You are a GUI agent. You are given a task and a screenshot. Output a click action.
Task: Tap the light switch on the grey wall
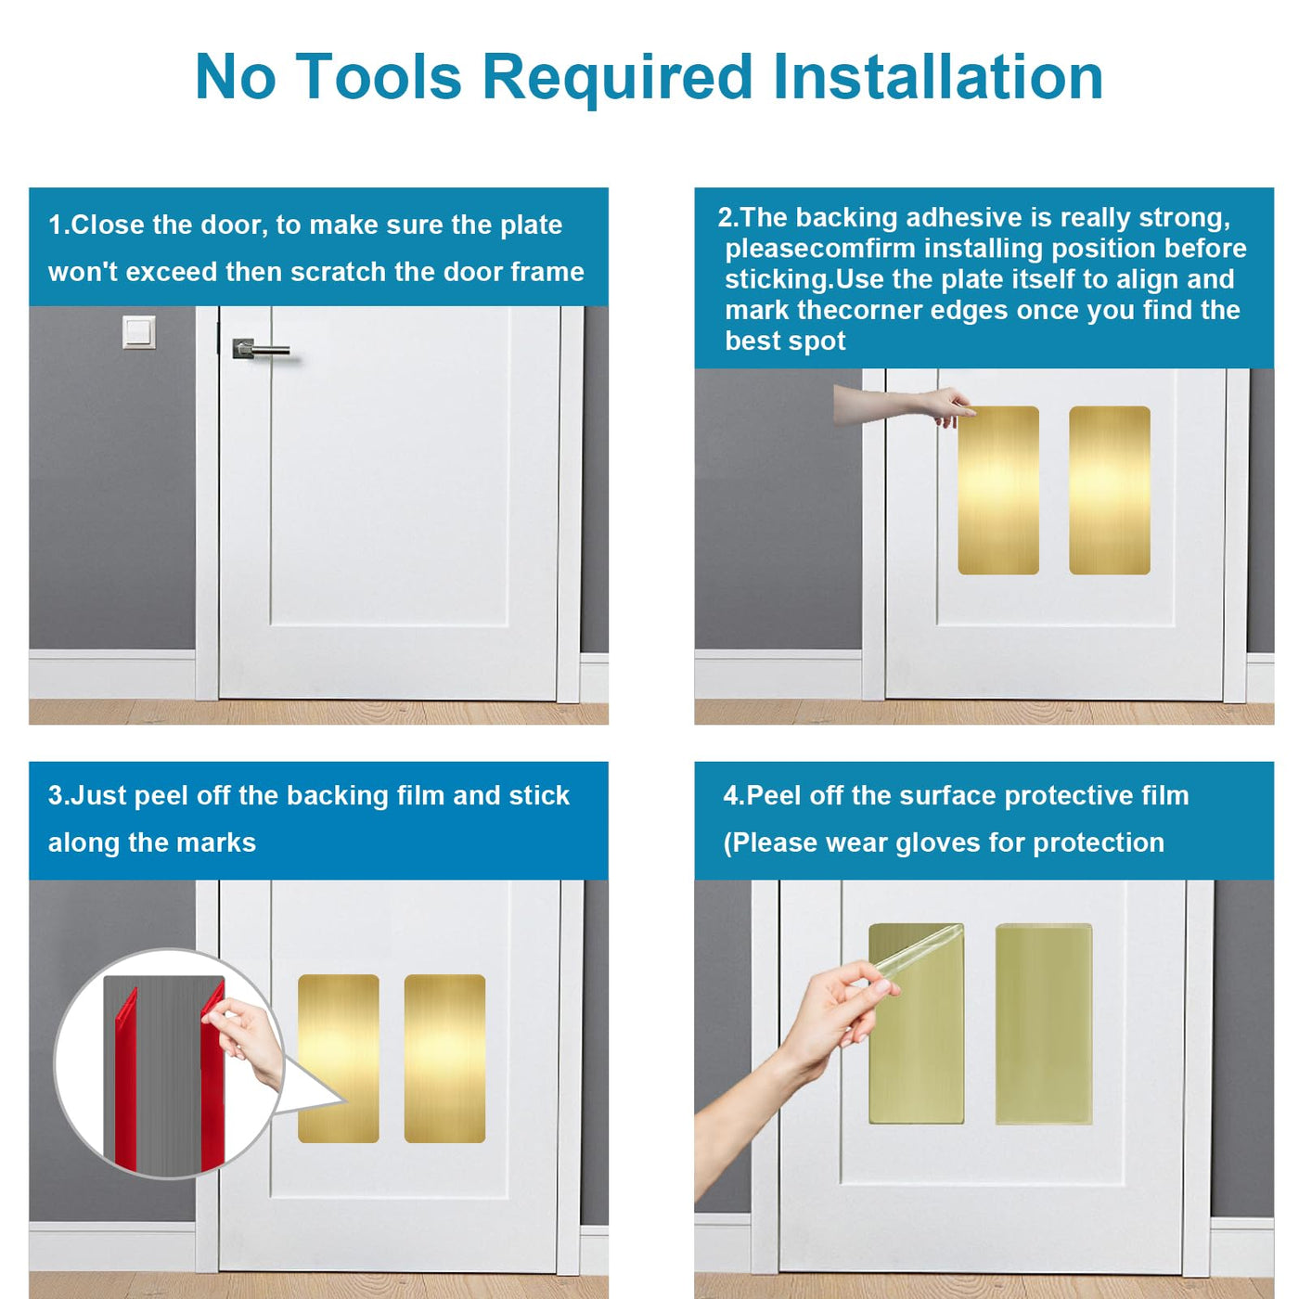click(x=139, y=331)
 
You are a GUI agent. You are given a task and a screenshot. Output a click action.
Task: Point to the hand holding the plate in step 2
click(x=904, y=405)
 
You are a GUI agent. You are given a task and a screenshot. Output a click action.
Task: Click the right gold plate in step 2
click(x=1110, y=490)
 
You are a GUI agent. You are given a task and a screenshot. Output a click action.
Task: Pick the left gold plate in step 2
click(x=998, y=490)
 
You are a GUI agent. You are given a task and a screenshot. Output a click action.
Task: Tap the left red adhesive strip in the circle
click(x=126, y=1078)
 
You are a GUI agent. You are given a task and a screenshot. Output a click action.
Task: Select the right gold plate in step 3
click(x=445, y=1059)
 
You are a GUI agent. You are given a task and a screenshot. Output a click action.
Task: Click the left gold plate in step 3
click(x=339, y=1059)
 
